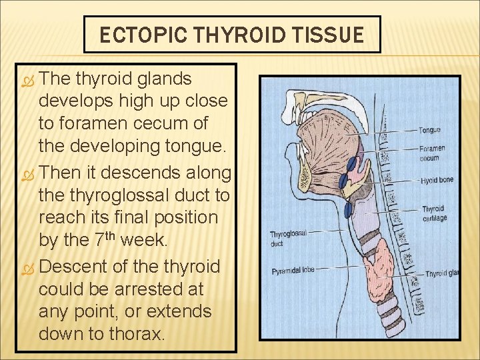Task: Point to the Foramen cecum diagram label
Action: tap(432, 153)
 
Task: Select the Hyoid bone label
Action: tap(437, 181)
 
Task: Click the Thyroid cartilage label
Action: tap(435, 213)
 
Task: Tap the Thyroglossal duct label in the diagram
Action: tap(288, 239)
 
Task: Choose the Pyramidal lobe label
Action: tap(292, 271)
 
